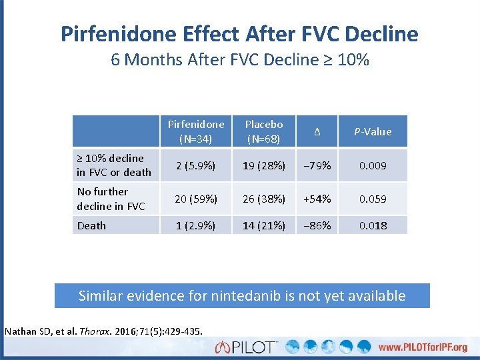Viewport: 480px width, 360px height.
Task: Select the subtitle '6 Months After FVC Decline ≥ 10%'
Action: coord(240,60)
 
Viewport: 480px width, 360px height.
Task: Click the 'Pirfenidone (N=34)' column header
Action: coord(196,131)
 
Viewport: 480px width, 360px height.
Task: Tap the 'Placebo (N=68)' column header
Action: coord(264,131)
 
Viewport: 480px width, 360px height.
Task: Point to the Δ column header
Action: coord(317,132)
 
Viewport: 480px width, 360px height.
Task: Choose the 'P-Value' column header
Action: coord(373,132)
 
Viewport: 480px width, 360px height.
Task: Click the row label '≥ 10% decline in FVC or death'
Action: coord(114,165)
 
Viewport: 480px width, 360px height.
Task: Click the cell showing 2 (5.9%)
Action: coord(196,165)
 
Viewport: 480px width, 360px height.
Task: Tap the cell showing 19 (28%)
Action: coord(264,165)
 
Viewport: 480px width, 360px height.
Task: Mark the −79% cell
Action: coord(317,165)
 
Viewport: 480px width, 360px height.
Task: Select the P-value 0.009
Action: coord(373,165)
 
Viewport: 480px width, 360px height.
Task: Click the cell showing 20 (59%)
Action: coord(196,199)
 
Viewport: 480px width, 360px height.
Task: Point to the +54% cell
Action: coord(317,199)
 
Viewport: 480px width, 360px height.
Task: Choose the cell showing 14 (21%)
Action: coord(264,225)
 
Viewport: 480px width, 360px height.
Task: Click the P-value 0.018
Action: coord(373,225)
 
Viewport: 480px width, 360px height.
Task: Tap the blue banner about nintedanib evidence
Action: coord(242,295)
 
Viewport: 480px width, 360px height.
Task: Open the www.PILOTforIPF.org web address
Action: coord(423,347)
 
